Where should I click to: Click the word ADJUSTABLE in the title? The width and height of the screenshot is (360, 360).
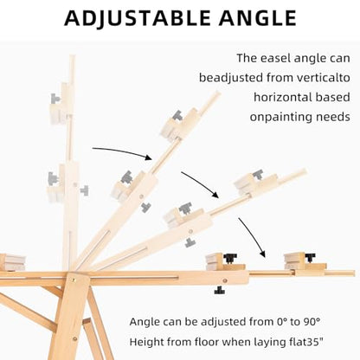pyautogui.click(x=138, y=18)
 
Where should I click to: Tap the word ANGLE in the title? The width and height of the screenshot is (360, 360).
pyautogui.click(x=258, y=18)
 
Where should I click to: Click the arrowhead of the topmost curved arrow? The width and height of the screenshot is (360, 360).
pyautogui.click(x=149, y=157)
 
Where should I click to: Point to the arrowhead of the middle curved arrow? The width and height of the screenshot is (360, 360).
pyautogui.click(x=215, y=195)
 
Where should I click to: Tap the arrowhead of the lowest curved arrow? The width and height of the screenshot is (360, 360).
pyautogui.click(x=262, y=254)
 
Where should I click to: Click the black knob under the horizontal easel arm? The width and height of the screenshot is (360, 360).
pyautogui.click(x=220, y=290)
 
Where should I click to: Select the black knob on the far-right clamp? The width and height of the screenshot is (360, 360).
pyautogui.click(x=310, y=257)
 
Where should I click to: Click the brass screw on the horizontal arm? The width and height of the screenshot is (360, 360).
pyautogui.click(x=225, y=280)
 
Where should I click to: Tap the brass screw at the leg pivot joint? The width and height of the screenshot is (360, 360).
pyautogui.click(x=74, y=280)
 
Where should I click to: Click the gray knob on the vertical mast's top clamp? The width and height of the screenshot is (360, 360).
pyautogui.click(x=55, y=99)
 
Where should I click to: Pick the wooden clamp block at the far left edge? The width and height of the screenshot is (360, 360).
pyautogui.click(x=12, y=262)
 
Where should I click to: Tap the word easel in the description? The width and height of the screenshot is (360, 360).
pyautogui.click(x=276, y=58)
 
